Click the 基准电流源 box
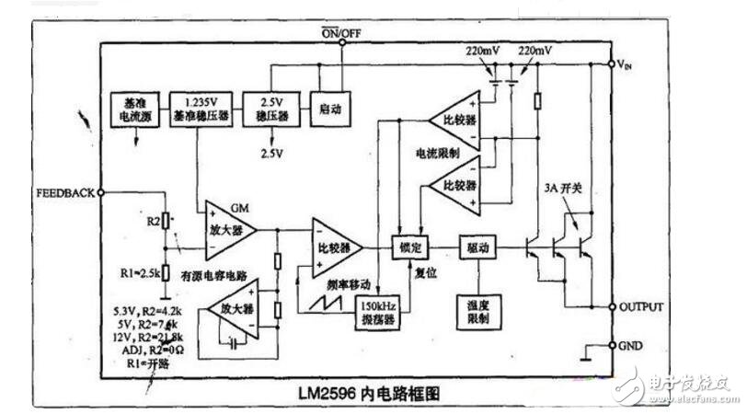tap(135, 109)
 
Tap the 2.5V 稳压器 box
tap(269, 109)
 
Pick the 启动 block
tap(328, 109)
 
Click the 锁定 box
tap(408, 247)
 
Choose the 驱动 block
tap(478, 247)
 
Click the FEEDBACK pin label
tap(64, 193)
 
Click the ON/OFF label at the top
tap(340, 34)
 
